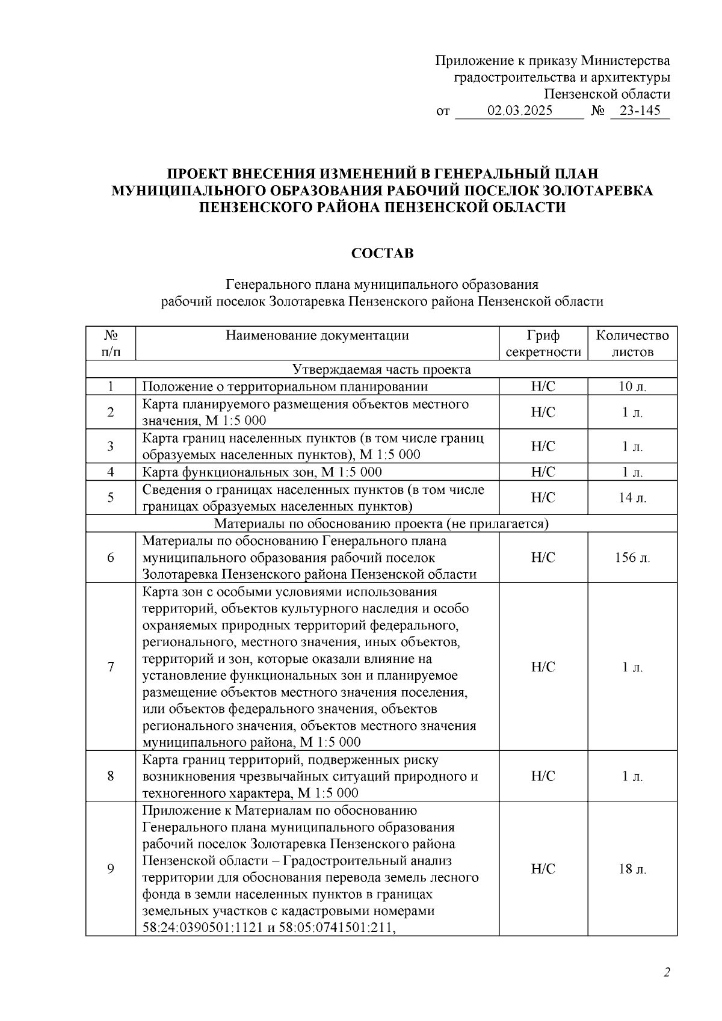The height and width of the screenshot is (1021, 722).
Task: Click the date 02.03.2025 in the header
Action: [520, 111]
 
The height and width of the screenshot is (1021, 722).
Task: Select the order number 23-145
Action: [640, 111]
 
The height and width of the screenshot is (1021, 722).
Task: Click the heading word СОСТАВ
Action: [382, 254]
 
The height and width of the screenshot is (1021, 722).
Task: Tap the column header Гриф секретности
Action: [543, 344]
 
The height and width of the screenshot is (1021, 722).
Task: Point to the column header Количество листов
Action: [632, 344]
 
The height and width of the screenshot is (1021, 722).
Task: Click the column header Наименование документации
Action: [317, 336]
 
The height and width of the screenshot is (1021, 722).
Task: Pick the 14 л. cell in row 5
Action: [632, 498]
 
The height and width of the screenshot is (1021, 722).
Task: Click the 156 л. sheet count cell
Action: [632, 558]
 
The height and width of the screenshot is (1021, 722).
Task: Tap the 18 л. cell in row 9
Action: [632, 869]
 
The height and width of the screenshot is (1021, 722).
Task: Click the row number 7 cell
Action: [111, 667]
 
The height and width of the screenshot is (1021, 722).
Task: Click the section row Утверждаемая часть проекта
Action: [381, 369]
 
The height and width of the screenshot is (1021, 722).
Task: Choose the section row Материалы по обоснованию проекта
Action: [381, 524]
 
